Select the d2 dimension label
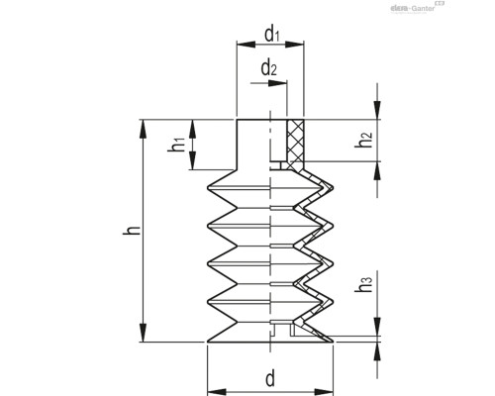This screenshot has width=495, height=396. click(268, 68)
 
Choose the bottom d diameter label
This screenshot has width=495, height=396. click(269, 377)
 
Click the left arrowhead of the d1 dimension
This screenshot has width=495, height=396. click(240, 46)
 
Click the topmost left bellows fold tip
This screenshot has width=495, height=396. click(206, 188)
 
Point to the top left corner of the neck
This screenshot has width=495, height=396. click(236, 120)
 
